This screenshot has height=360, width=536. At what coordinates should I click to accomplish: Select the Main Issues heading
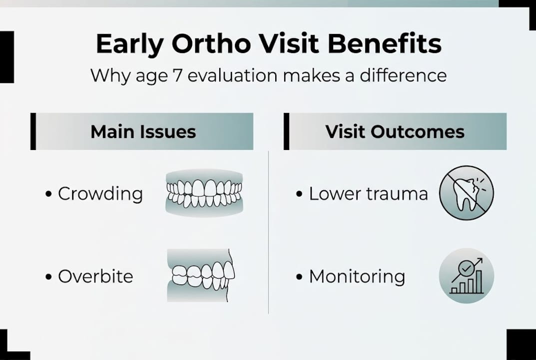(x=143, y=131)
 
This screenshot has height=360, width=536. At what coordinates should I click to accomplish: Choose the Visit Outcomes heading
(x=395, y=131)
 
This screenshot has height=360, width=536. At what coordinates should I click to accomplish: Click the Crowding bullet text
(x=100, y=193)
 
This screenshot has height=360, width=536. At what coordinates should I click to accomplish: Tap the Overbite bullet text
(x=95, y=276)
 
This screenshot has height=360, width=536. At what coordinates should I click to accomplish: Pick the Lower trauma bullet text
(x=368, y=193)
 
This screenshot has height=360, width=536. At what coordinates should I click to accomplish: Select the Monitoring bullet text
(x=357, y=276)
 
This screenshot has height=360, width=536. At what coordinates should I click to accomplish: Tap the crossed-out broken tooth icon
(x=466, y=193)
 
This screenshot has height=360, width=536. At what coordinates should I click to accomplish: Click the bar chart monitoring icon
(x=466, y=276)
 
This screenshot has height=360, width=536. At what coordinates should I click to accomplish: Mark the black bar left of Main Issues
(x=33, y=131)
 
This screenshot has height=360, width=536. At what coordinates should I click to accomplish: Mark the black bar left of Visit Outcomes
(x=286, y=131)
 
